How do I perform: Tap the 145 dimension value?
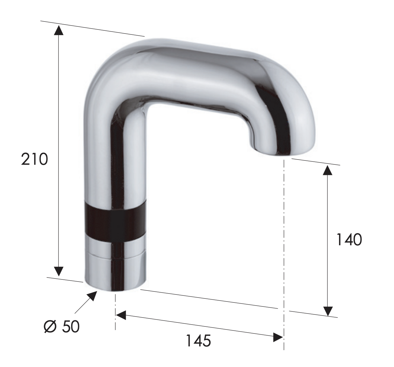coord(198,340)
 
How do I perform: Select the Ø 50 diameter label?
coord(61,327)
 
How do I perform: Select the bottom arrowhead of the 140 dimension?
coord(328,311)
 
